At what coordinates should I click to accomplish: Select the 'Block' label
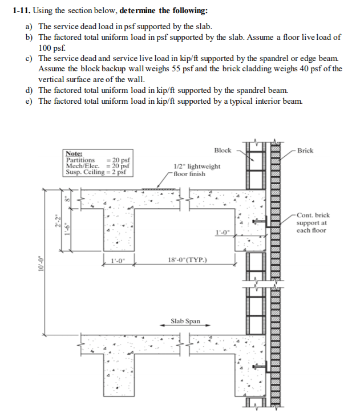click(223, 151)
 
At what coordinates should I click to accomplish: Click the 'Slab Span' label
click(185, 321)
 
